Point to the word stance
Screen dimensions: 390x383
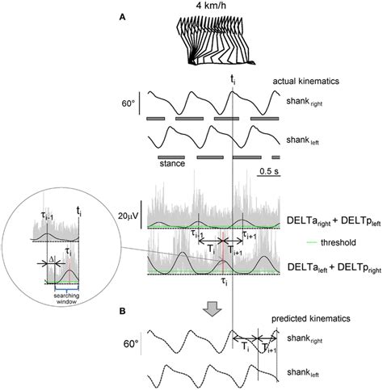(x=172, y=164)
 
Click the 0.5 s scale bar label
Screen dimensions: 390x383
(x=267, y=171)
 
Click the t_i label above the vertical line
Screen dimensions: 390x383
(x=233, y=81)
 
